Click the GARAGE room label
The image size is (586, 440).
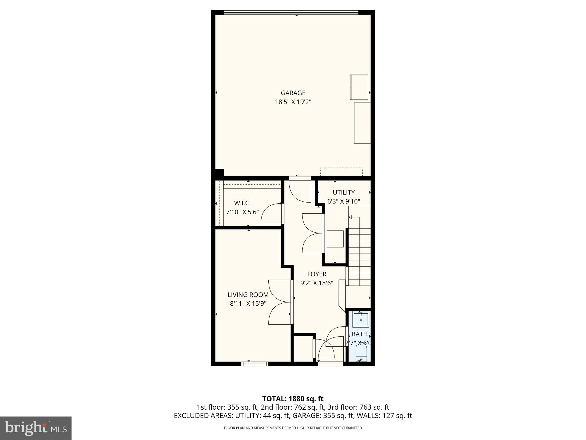[293, 93]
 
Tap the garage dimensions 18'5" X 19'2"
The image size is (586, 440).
[293, 102]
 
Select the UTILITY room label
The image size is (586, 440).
[344, 192]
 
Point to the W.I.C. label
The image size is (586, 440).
[242, 203]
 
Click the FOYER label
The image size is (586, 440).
[317, 274]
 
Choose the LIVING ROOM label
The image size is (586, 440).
[248, 295]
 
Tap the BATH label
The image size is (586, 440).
[359, 334]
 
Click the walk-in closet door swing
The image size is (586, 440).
[271, 214]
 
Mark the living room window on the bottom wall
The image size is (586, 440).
[255, 364]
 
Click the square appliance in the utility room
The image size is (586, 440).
[335, 239]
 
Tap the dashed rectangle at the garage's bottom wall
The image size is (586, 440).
[341, 172]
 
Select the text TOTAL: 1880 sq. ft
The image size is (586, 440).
[293, 399]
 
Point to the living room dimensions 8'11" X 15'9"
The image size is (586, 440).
[248, 304]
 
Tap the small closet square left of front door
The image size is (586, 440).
[303, 349]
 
